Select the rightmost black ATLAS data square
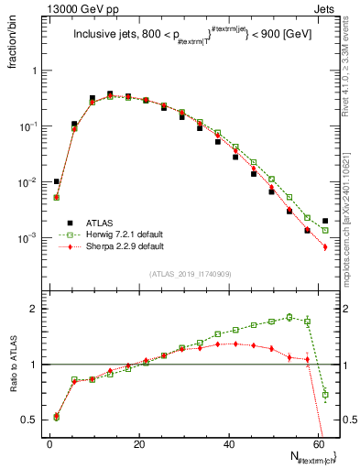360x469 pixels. tap(325, 221)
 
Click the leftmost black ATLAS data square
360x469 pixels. tap(57, 181)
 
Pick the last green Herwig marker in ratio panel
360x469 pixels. tap(325, 395)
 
